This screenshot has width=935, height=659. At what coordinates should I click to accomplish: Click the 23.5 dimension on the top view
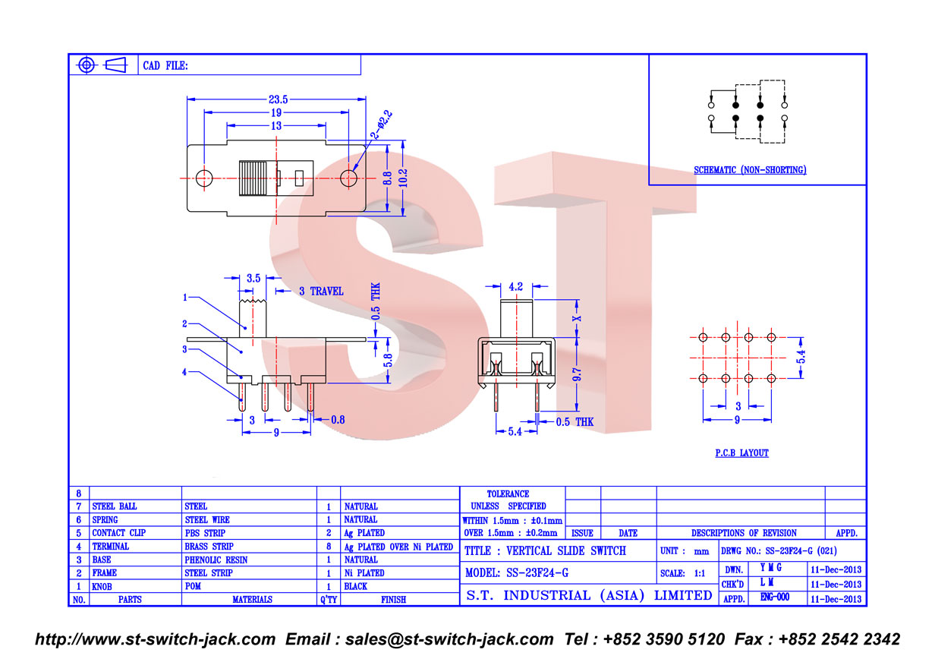point(278,99)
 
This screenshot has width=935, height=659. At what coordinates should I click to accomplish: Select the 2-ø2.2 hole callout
point(382,125)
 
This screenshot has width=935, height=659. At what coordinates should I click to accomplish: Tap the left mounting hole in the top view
point(204,178)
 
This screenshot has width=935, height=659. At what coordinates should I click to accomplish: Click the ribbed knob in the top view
point(253,178)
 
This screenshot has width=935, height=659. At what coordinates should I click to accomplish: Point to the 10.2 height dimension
point(403,178)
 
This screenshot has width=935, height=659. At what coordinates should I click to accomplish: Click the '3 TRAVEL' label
point(321,292)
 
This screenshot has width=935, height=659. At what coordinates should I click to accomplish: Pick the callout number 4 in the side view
point(184,372)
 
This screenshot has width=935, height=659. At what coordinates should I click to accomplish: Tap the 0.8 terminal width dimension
point(338,420)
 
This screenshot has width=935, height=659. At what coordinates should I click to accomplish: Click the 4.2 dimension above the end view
point(516,286)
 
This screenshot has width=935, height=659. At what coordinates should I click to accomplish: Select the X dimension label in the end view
point(577,319)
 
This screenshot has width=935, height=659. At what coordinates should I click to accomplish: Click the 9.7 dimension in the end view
point(577,374)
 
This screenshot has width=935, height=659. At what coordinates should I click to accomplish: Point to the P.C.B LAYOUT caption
point(741,453)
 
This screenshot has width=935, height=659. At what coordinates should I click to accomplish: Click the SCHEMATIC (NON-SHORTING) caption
point(750,170)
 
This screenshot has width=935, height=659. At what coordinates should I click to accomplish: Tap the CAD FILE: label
point(165,65)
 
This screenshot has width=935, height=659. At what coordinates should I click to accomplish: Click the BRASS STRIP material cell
point(209,546)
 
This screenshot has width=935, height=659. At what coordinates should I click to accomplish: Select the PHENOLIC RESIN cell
point(216,560)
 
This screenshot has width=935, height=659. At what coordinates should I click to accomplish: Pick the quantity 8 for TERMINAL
point(329,546)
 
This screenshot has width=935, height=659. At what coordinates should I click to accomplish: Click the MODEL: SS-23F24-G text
point(517,572)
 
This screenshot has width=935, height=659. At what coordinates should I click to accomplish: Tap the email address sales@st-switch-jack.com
point(449,639)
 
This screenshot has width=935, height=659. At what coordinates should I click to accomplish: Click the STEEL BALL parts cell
point(115,506)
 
